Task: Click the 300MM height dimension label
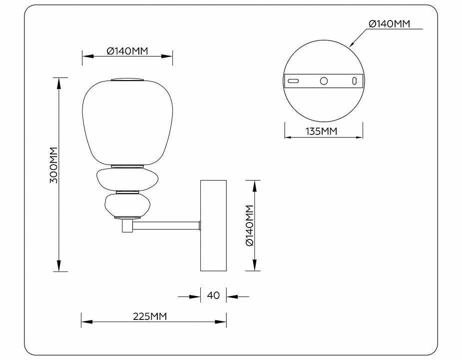click(54, 165)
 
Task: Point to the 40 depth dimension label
click(213, 295)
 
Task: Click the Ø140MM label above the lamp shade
click(127, 50)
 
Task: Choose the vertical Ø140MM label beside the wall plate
click(251, 225)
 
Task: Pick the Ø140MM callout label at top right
click(389, 23)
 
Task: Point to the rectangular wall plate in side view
click(213, 225)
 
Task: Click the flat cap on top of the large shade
click(127, 79)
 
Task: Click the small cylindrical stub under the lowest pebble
click(127, 226)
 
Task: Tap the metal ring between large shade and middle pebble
click(127, 165)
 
